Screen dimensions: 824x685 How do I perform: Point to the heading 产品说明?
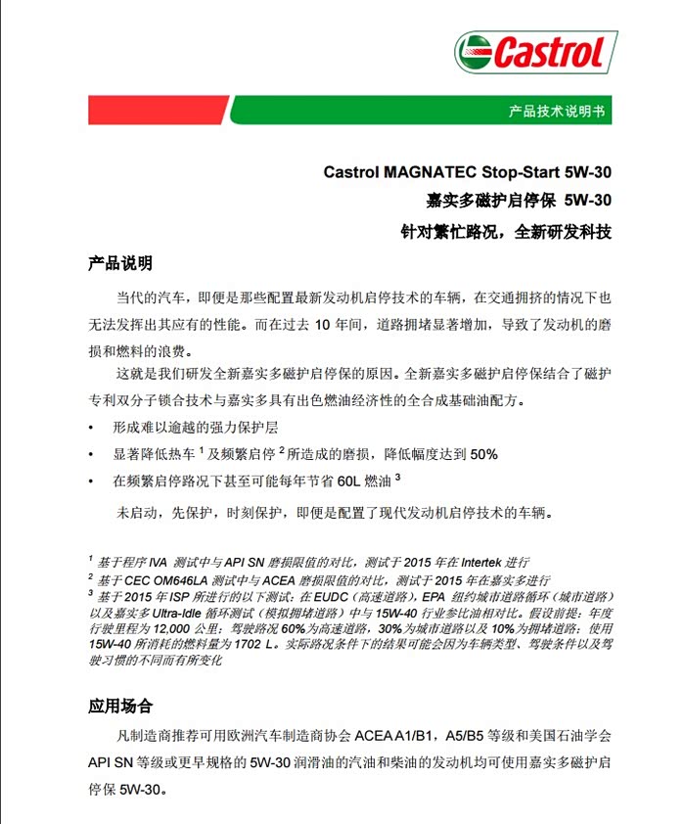[120, 263]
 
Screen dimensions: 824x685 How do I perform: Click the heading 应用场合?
[120, 706]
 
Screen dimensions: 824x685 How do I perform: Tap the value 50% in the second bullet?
[484, 454]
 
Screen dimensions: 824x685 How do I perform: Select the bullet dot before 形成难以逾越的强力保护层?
[91, 429]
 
